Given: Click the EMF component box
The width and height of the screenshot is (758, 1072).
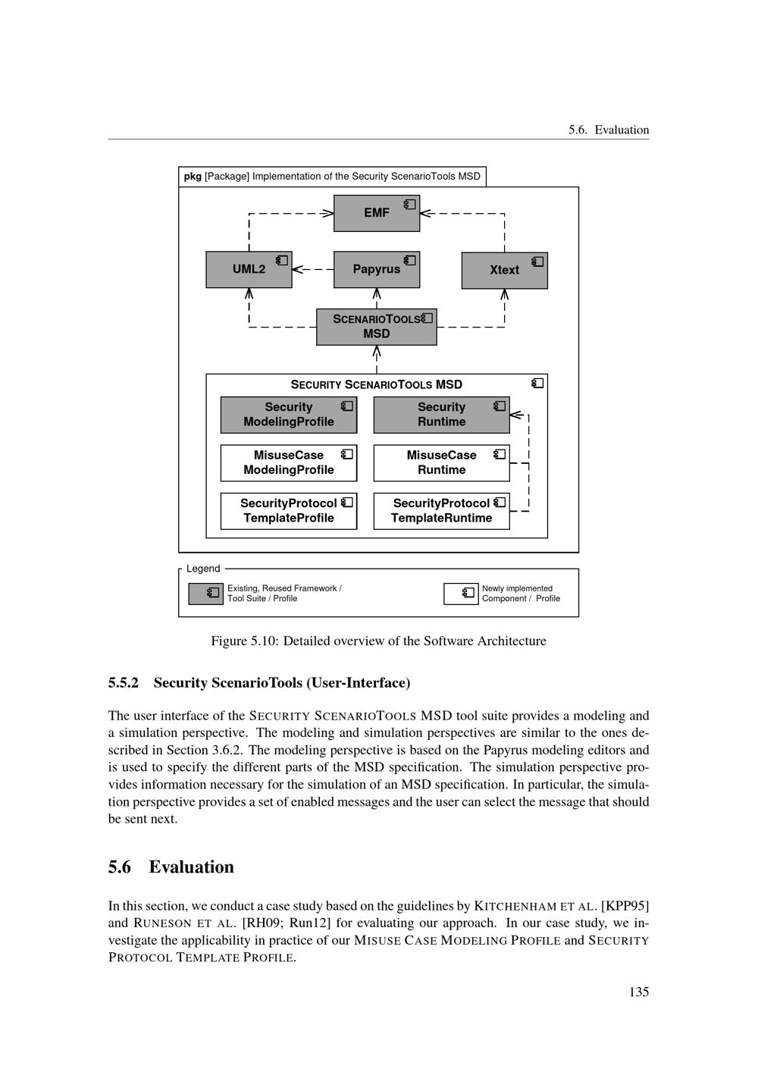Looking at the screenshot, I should (376, 213).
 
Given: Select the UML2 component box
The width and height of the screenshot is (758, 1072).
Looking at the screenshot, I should (249, 269).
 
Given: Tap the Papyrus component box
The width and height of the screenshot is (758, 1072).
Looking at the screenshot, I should (376, 269).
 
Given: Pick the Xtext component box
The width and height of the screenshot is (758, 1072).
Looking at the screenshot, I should (504, 270).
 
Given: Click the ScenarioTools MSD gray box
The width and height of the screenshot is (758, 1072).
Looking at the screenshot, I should (376, 327).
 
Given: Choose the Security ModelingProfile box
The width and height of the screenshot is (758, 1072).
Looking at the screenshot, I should (288, 415).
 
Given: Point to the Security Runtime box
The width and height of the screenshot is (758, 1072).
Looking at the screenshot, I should (441, 415).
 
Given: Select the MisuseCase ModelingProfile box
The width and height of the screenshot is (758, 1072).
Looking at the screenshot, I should (288, 462).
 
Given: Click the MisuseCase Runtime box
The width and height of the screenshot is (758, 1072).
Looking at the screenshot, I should (441, 462).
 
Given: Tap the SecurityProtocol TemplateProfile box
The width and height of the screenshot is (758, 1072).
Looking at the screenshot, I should (288, 511).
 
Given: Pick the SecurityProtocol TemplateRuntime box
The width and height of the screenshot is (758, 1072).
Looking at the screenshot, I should (441, 511).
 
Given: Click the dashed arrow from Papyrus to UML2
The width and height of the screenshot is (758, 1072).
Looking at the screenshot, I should (313, 269).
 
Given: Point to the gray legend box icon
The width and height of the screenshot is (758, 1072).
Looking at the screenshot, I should (205, 594).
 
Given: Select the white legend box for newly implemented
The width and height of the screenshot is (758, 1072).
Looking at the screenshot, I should (461, 594).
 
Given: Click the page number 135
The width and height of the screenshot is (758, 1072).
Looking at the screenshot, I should (638, 992).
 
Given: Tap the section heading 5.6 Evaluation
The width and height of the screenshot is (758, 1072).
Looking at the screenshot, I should (171, 867).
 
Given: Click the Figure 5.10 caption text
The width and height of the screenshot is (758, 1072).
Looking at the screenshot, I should (378, 641).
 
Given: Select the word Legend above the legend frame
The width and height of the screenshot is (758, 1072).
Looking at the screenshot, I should (203, 569).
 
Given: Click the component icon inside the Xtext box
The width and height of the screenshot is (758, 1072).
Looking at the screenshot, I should (537, 262).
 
